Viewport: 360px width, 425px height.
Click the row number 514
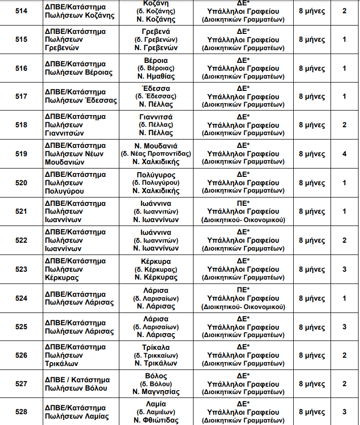click(21, 10)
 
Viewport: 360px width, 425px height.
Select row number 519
click(21, 154)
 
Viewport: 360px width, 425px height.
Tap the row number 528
click(21, 411)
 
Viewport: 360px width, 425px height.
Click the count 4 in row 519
click(344, 154)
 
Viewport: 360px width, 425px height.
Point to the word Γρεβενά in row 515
click(156, 31)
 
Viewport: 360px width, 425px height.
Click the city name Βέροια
click(156, 60)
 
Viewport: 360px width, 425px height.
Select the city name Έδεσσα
click(156, 88)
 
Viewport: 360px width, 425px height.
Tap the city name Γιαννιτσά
click(156, 117)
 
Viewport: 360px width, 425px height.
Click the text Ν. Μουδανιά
click(156, 146)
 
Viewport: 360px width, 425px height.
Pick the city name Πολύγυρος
click(156, 175)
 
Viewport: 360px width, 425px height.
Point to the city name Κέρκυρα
click(156, 261)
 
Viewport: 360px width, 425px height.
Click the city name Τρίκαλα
click(156, 347)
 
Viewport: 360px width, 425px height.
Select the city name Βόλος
click(156, 376)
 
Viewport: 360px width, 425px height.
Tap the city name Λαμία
click(156, 404)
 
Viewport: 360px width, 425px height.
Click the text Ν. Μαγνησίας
click(156, 392)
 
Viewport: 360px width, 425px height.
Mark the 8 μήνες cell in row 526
click(312, 355)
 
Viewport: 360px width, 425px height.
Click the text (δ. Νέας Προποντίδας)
click(156, 154)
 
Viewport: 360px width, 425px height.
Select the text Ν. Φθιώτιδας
click(156, 420)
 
